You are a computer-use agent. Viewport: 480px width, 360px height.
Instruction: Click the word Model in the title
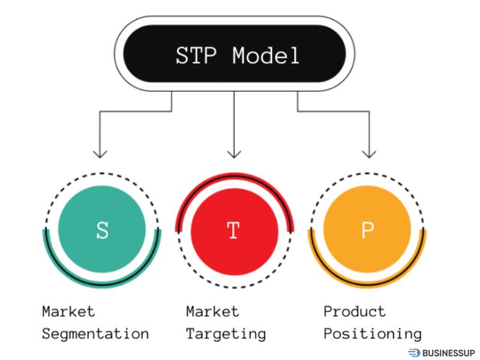pos(266,56)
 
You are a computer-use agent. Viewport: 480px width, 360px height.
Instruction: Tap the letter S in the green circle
pos(102,231)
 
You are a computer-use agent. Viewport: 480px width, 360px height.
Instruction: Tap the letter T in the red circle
pos(234,231)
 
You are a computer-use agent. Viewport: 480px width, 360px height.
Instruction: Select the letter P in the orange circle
pos(367,231)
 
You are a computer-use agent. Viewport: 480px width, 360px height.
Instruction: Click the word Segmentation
pos(95,334)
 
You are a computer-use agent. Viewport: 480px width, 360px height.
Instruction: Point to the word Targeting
pos(226,334)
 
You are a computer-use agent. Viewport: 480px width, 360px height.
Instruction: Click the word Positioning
pos(372,334)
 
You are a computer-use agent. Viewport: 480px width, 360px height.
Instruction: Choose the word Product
pos(354,312)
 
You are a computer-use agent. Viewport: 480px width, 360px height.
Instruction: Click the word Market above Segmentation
pos(68,312)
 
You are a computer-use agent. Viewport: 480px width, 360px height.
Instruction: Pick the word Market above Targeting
pos(212,312)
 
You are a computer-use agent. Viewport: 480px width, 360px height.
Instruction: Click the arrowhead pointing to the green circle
pos(101,152)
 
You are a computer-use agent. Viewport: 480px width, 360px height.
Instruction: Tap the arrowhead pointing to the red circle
pos(234,152)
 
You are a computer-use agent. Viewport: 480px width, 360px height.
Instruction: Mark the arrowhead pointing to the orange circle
pos(370,152)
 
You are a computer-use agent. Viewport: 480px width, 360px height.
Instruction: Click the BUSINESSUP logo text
pos(448,353)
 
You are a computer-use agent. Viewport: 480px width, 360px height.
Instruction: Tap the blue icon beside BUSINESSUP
pos(414,353)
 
